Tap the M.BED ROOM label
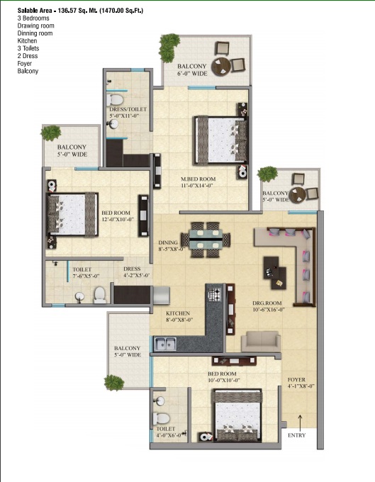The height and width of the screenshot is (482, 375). pyautogui.click(x=198, y=179)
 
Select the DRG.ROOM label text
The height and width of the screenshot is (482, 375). pyautogui.click(x=267, y=303)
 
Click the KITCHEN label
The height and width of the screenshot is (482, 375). pyautogui.click(x=178, y=313)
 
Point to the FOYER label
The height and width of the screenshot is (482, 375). pyautogui.click(x=296, y=380)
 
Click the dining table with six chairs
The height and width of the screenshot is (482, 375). pyautogui.click(x=206, y=240)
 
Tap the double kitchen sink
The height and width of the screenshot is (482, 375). pyautogui.click(x=165, y=344)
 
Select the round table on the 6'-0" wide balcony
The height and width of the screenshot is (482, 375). pyautogui.click(x=220, y=66)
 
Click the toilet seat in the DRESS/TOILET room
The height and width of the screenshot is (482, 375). pyautogui.click(x=116, y=100)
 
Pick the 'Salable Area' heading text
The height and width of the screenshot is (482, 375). pyautogui.click(x=80, y=11)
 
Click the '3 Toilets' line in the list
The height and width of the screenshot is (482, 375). pyautogui.click(x=28, y=48)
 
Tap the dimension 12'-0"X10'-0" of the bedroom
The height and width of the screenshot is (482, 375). pyautogui.click(x=118, y=220)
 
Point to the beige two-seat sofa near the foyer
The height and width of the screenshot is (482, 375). pyautogui.click(x=261, y=342)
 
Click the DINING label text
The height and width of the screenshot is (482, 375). pyautogui.click(x=168, y=242)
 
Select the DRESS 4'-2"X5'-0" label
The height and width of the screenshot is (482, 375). pyautogui.click(x=137, y=272)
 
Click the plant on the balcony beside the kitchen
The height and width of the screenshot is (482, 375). pyautogui.click(x=114, y=383)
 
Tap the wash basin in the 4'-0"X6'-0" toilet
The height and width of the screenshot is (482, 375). pyautogui.click(x=159, y=401)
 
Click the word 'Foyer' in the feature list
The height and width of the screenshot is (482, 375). pyautogui.click(x=25, y=64)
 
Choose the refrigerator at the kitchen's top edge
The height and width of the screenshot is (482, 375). pyautogui.click(x=161, y=295)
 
